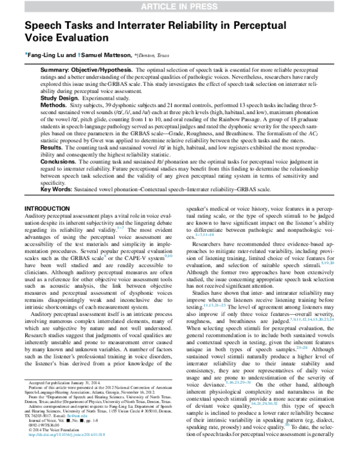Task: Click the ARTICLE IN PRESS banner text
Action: coord(179,6)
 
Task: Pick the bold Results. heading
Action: coord(53,147)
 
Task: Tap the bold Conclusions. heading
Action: coord(59,161)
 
